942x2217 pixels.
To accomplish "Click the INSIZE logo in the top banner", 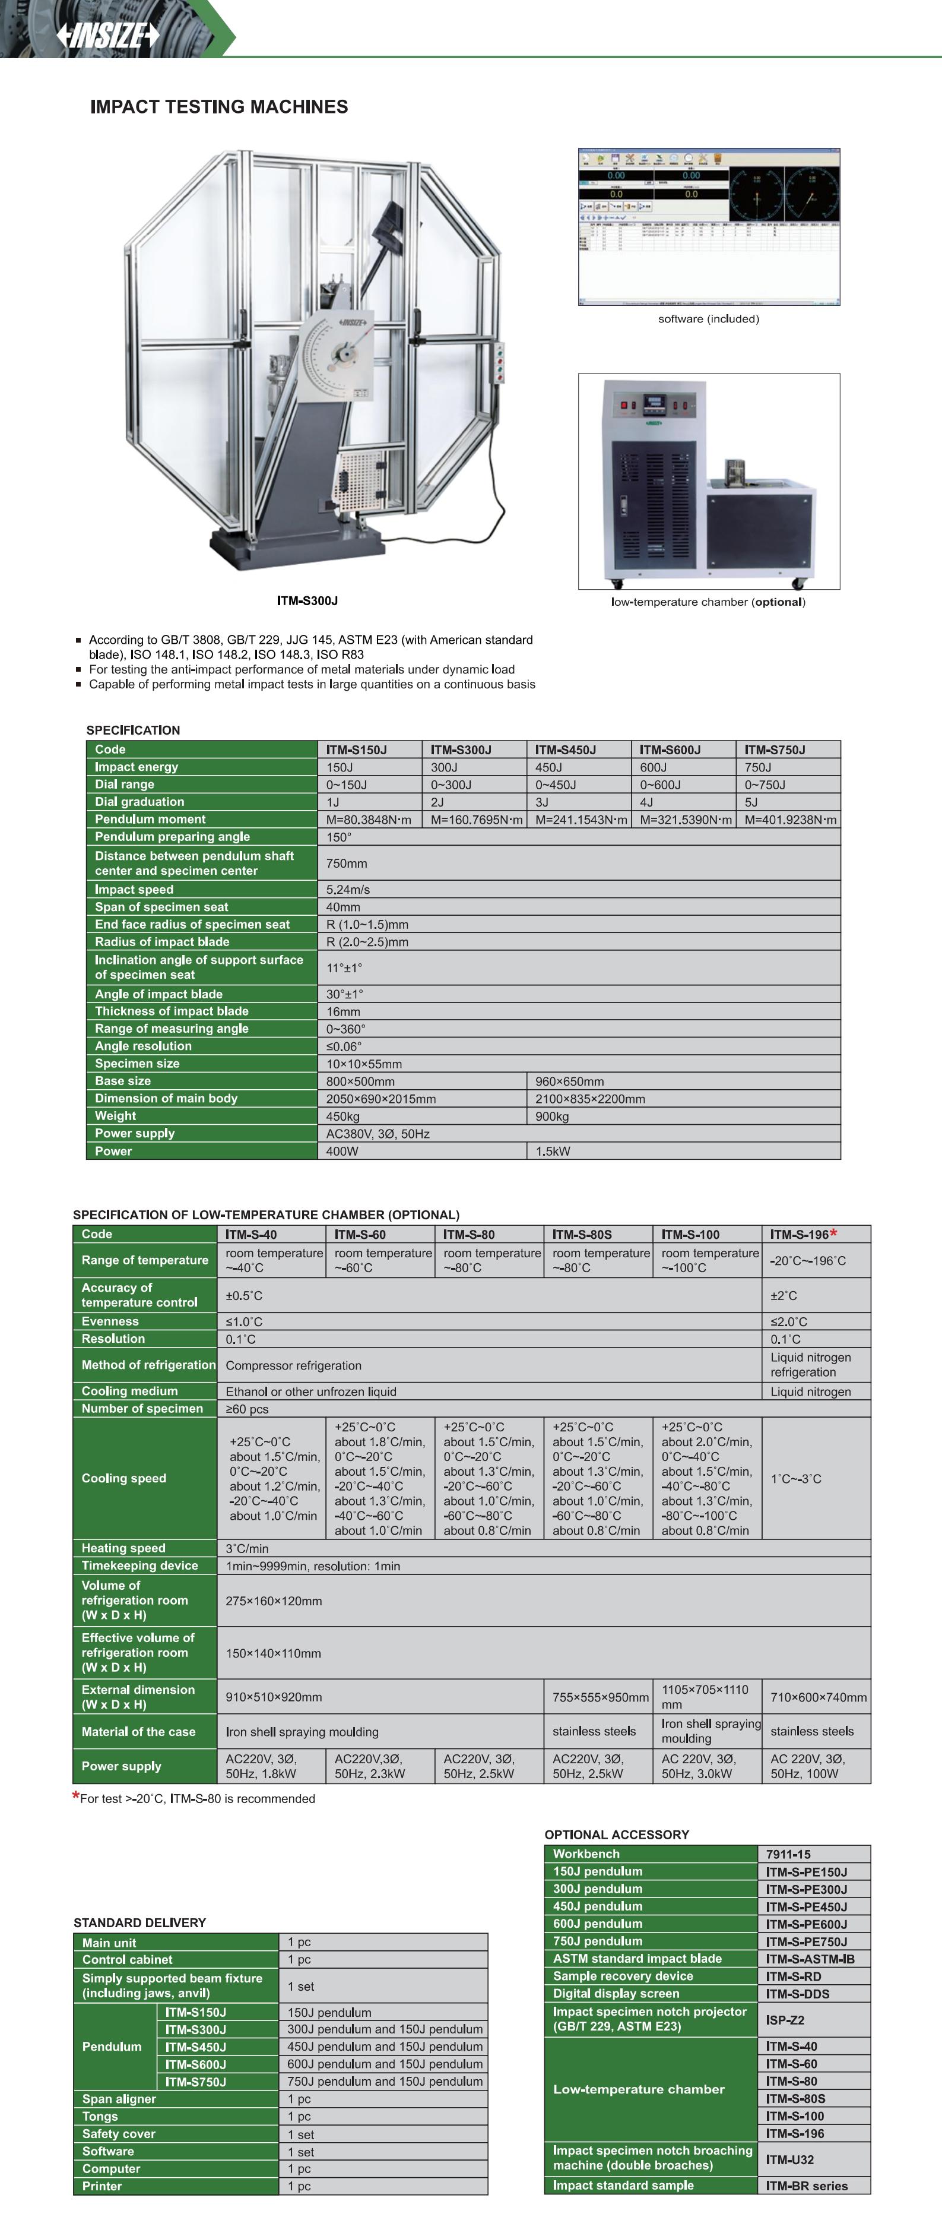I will point(107,35).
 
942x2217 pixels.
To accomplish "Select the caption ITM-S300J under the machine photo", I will point(307,601).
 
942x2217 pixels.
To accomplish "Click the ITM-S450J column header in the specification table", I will point(565,749).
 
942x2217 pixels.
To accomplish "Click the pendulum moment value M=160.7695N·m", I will point(475,820).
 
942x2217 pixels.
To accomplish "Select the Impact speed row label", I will point(134,889).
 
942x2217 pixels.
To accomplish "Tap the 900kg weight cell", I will point(552,1117).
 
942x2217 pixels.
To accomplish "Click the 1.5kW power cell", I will point(552,1151).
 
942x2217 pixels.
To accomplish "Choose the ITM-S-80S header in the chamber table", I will point(582,1234).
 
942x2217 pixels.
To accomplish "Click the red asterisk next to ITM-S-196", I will point(833,1234).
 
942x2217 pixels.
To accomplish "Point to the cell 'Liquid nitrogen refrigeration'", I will point(810,1364).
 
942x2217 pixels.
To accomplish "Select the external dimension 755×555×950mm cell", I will point(600,1697).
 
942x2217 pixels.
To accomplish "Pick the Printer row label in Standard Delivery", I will point(102,2186).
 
